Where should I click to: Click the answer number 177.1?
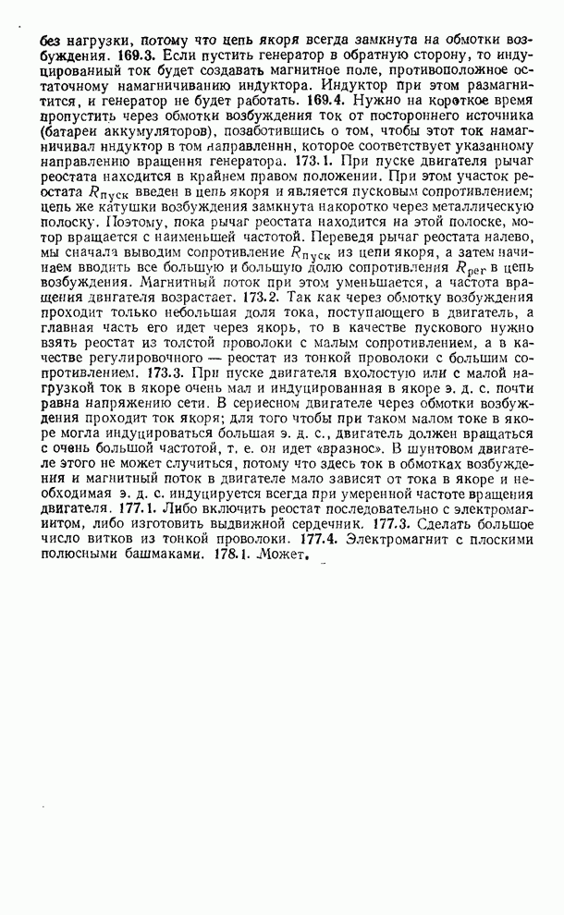[x=140, y=509]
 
